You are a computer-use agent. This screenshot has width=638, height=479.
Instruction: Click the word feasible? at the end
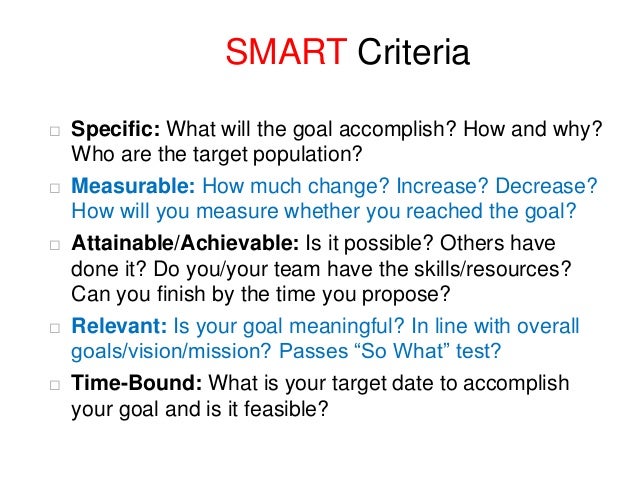coord(295,408)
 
